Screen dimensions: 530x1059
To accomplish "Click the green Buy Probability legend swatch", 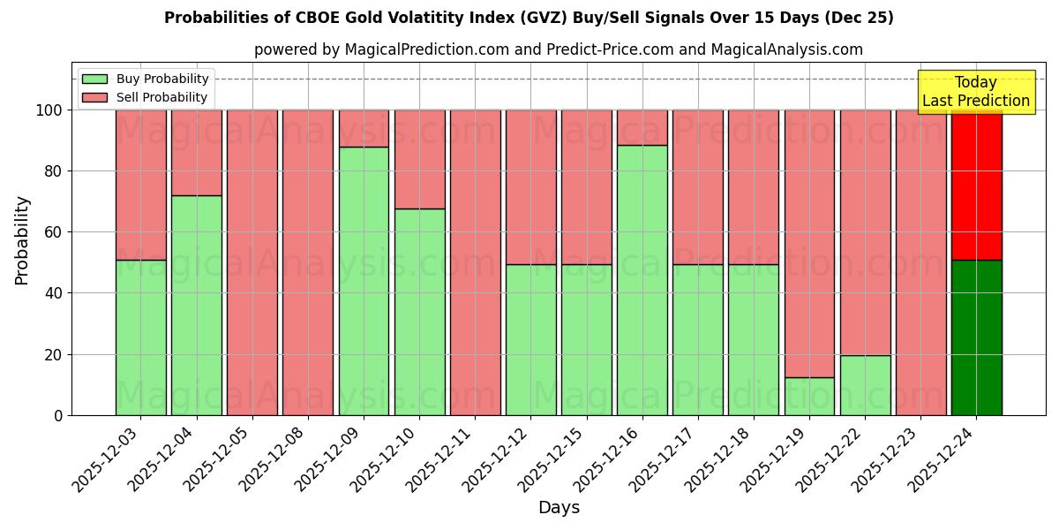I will pyautogui.click(x=94, y=79).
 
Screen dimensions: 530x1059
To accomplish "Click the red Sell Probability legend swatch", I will pyautogui.click(x=94, y=98).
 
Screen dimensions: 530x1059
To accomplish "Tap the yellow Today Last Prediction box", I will pyautogui.click(x=975, y=92).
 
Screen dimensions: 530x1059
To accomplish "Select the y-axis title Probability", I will pyautogui.click(x=22, y=240).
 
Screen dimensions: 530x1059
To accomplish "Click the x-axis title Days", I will pyautogui.click(x=559, y=508).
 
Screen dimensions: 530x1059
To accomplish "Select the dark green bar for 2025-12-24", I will pyautogui.click(x=976, y=337).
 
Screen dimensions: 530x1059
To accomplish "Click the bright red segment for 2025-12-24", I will pyautogui.click(x=976, y=185).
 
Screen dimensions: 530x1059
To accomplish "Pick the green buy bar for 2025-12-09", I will pyautogui.click(x=364, y=281).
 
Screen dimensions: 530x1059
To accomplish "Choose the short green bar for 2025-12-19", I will pyautogui.click(x=809, y=396).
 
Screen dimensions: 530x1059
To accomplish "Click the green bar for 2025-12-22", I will pyautogui.click(x=865, y=385).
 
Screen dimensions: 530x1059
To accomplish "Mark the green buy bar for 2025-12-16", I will pyautogui.click(x=642, y=280).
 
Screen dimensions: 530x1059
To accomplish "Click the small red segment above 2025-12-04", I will pyautogui.click(x=196, y=152).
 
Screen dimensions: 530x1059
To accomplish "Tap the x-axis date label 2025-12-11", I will pyautogui.click(x=441, y=459).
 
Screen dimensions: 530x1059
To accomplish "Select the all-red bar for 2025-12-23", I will pyautogui.click(x=920, y=262).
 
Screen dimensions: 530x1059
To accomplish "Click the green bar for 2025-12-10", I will pyautogui.click(x=419, y=312).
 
